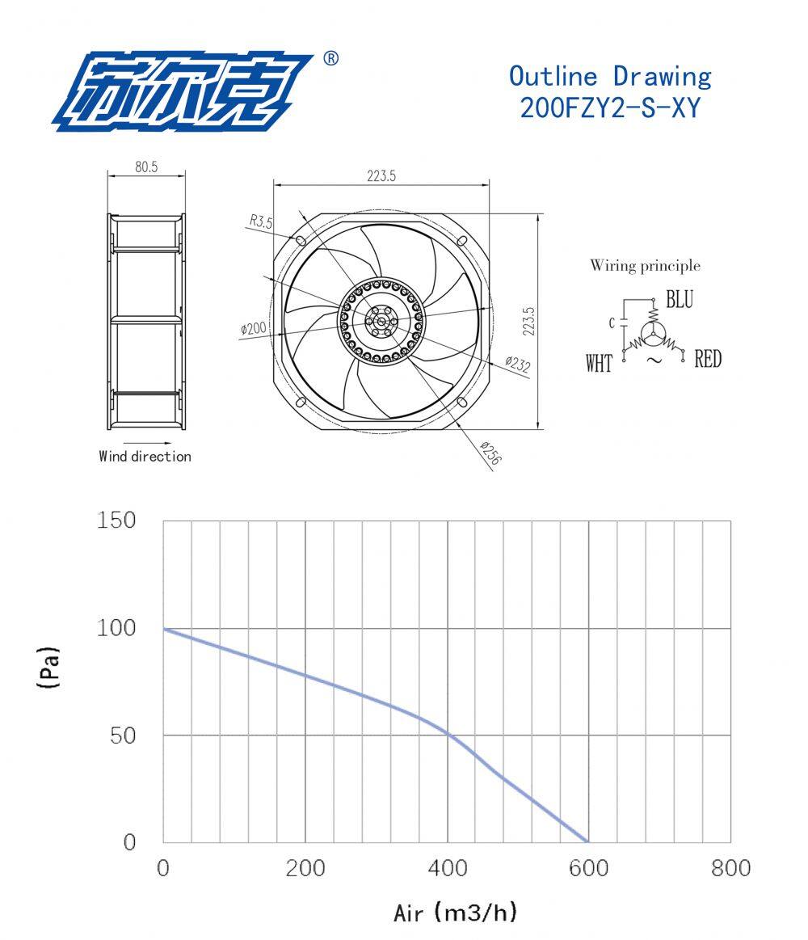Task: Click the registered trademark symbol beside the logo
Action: click(330, 58)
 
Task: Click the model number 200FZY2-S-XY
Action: click(610, 108)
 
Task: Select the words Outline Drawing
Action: click(610, 76)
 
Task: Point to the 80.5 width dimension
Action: click(146, 167)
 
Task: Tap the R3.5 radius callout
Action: click(261, 221)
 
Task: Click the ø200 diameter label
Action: click(253, 328)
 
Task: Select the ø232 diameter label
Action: click(518, 364)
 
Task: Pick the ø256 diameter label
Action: click(491, 453)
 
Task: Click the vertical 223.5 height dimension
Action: click(528, 321)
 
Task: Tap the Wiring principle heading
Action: click(645, 265)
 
